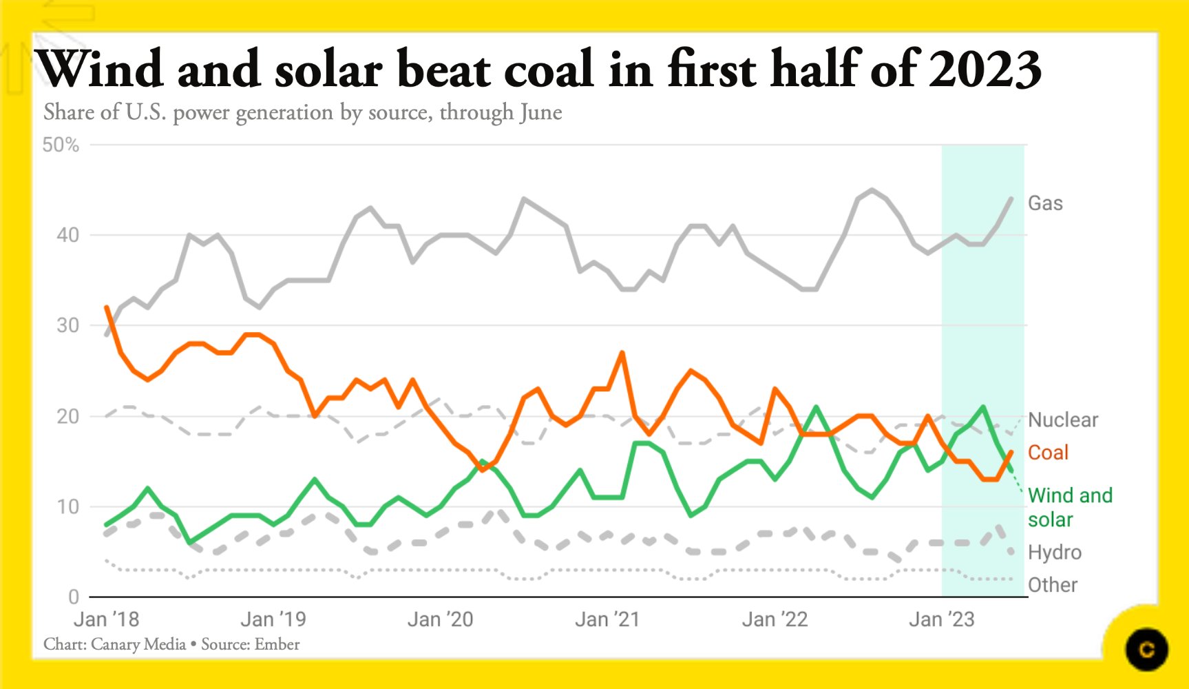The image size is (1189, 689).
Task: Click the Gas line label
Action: (1044, 203)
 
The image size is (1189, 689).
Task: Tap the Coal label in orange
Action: (1047, 453)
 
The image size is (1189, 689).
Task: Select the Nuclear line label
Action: (1062, 420)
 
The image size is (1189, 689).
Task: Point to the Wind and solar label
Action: (1069, 507)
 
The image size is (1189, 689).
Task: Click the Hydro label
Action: (1054, 552)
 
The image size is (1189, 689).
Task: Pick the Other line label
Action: (1052, 585)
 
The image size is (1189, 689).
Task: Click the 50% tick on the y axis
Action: (61, 145)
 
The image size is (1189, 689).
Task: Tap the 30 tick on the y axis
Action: (67, 325)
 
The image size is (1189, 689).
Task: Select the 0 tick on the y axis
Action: (74, 597)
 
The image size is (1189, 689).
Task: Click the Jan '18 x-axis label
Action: (106, 619)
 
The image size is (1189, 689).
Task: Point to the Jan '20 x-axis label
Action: (440, 619)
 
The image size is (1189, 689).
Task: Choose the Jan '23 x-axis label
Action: (941, 619)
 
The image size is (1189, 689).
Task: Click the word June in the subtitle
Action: (540, 112)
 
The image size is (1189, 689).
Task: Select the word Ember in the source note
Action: (277, 644)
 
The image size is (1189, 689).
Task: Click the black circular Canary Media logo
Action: (1146, 649)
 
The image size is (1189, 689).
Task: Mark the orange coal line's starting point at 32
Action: (107, 307)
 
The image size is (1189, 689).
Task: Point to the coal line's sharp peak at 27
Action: (622, 353)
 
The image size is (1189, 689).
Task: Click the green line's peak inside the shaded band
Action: (983, 407)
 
